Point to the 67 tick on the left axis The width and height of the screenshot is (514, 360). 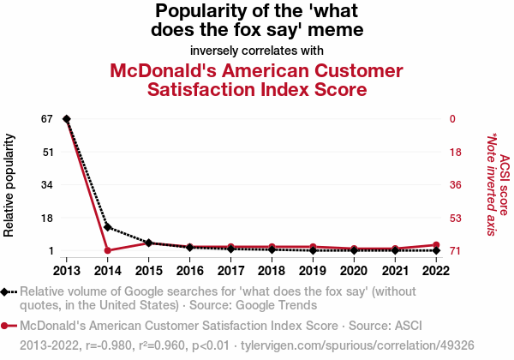48,118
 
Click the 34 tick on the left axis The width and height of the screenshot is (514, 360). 48,184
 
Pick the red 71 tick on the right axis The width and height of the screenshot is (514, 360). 456,250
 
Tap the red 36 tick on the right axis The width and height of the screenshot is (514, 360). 456,184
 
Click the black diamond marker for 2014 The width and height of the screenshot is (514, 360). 107,227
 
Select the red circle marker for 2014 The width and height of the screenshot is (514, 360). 107,250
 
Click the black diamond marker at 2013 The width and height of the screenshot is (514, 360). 66,118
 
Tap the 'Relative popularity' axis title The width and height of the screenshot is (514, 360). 9,184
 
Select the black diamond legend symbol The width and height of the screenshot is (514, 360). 8,291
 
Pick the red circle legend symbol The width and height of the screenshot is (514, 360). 8,326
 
